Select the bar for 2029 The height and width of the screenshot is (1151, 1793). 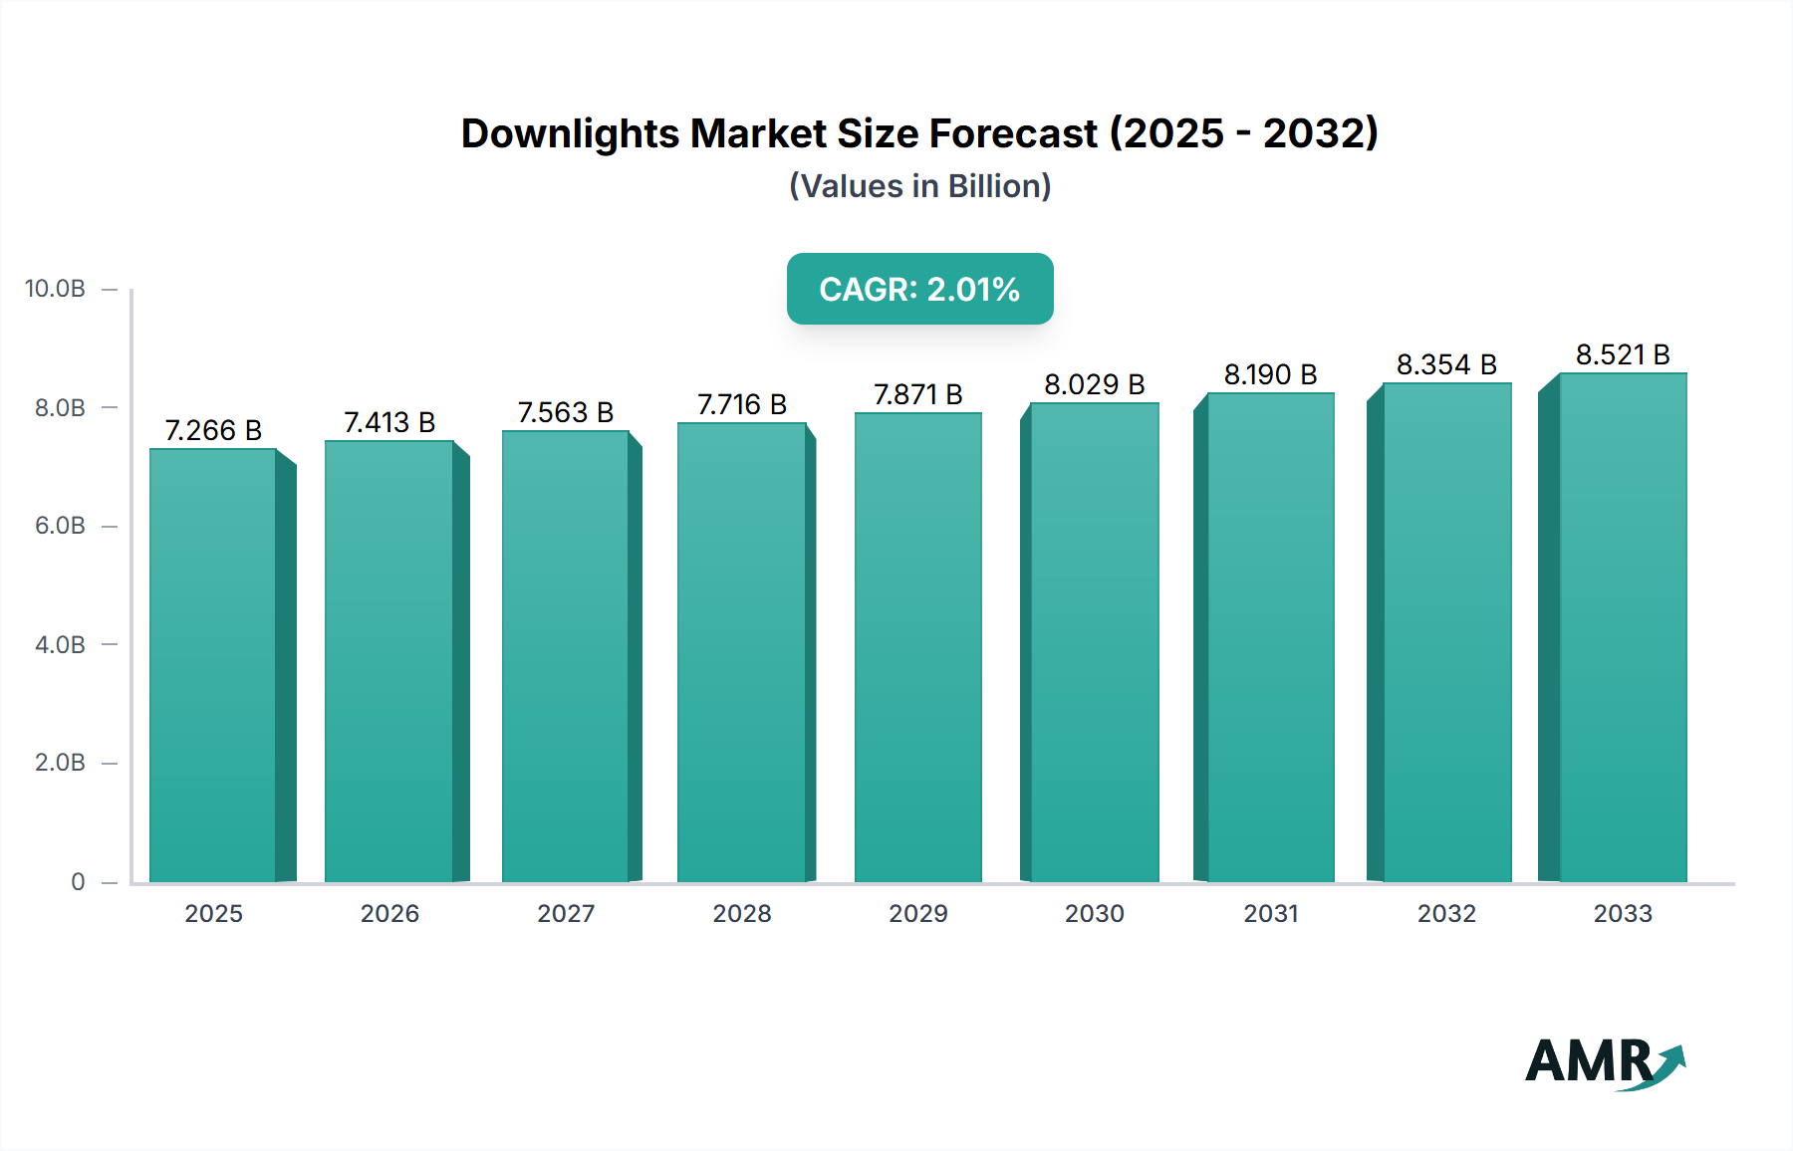(917, 647)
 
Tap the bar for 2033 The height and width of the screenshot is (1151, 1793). (1623, 627)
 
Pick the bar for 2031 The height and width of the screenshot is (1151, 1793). (1270, 637)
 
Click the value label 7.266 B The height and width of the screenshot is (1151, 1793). (213, 430)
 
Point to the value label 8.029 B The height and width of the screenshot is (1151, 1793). (1094, 384)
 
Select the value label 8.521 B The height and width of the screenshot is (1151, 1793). (1623, 354)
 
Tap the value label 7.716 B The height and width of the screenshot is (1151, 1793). (742, 404)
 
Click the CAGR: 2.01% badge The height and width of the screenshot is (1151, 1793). (919, 289)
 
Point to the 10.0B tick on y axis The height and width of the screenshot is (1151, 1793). (55, 289)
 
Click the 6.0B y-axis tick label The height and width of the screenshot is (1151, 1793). (60, 526)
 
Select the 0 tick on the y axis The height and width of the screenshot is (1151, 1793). (78, 881)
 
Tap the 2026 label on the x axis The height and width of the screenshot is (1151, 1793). (389, 913)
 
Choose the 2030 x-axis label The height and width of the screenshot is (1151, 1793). (1094, 913)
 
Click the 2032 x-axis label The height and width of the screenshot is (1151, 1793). (1446, 913)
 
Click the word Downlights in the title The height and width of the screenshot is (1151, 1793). (569, 133)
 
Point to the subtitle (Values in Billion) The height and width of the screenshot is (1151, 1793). (919, 186)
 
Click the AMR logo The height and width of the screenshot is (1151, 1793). (1604, 1062)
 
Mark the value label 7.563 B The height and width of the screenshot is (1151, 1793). (566, 412)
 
